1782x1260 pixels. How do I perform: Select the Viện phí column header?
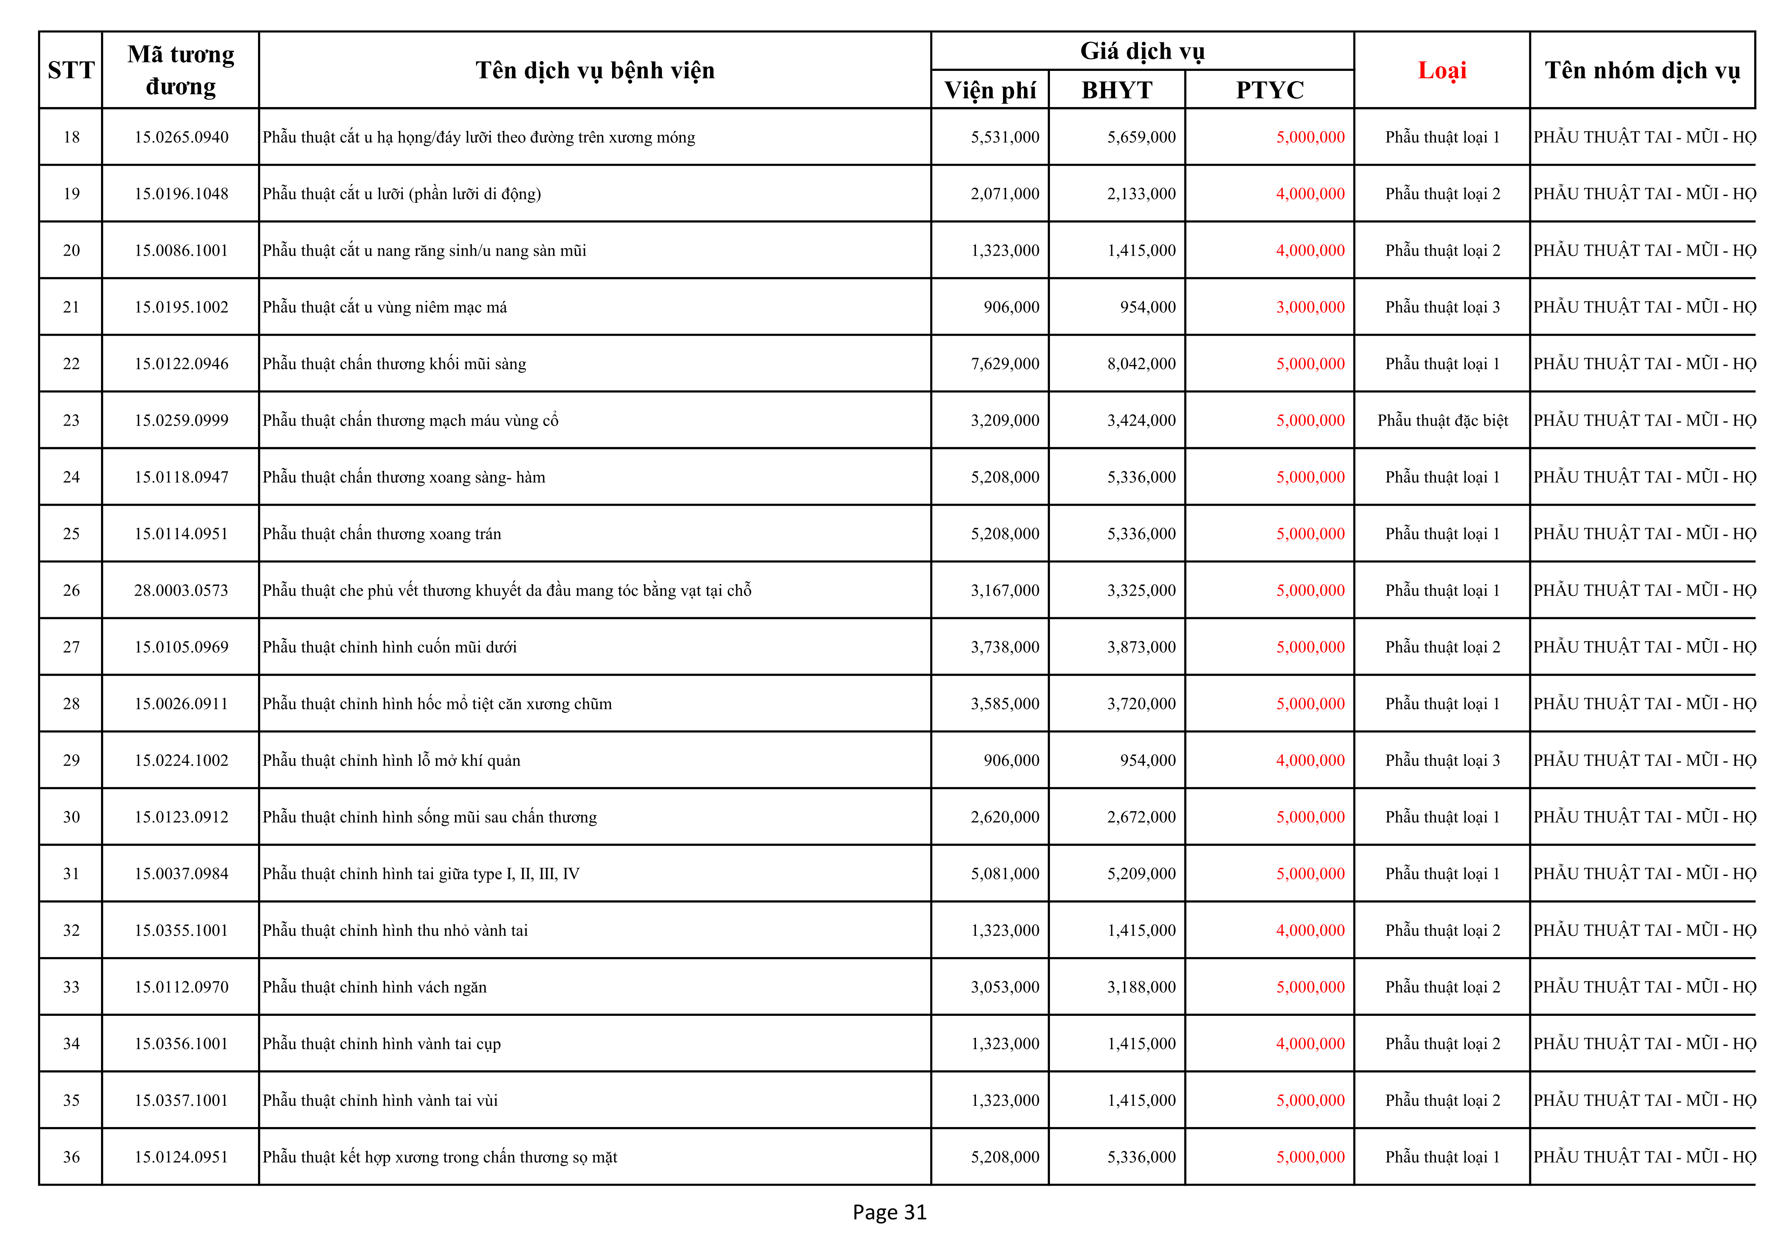[990, 90]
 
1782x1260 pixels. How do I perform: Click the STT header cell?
[71, 70]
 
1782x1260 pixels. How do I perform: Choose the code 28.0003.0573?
[181, 591]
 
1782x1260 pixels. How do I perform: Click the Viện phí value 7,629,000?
[1004, 364]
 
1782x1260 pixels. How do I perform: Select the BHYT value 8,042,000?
[1141, 364]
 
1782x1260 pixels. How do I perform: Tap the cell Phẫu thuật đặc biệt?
[1442, 421]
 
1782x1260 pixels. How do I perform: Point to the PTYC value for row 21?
[1310, 307]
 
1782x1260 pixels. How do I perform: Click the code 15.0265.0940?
[181, 137]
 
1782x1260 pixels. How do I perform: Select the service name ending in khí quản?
[391, 760]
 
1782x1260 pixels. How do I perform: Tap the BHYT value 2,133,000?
[1141, 194]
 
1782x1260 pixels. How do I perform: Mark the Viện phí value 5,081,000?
[1004, 874]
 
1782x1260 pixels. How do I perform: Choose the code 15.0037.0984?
[181, 874]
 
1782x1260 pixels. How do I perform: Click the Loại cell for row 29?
[1442, 760]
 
